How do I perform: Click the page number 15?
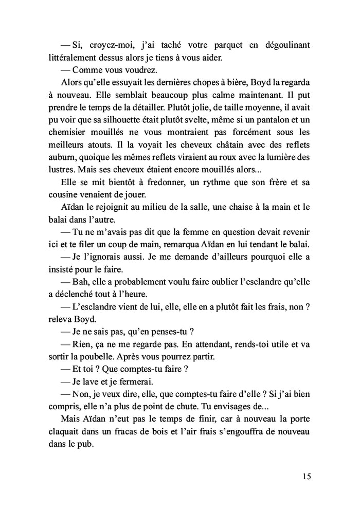[307, 476]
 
